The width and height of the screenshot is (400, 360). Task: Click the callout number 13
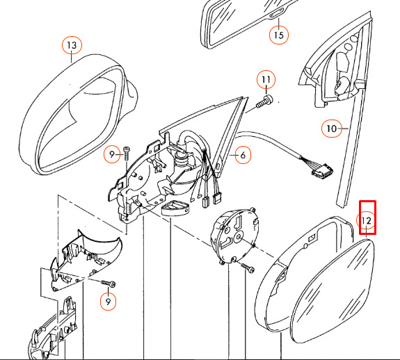[x=72, y=45]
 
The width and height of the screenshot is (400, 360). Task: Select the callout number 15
[x=279, y=35]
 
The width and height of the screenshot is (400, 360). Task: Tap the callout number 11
[x=266, y=79]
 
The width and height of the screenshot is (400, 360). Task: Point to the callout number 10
[x=331, y=129]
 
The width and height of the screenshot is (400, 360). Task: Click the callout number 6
[x=243, y=155]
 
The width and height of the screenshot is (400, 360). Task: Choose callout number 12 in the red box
[x=367, y=220]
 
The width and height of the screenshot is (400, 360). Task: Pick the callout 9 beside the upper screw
[x=112, y=154]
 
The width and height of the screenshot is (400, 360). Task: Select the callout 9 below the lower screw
[x=108, y=302]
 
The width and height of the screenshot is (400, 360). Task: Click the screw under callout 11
[x=264, y=101]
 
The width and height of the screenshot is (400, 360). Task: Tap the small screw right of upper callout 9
[x=127, y=154]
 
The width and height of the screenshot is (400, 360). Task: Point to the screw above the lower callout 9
[x=109, y=284]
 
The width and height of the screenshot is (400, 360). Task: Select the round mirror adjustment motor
[x=235, y=234]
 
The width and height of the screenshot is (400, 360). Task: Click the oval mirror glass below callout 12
[x=333, y=291]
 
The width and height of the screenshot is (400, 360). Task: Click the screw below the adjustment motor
[x=247, y=268]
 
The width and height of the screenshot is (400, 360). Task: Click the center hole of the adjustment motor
[x=239, y=237]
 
